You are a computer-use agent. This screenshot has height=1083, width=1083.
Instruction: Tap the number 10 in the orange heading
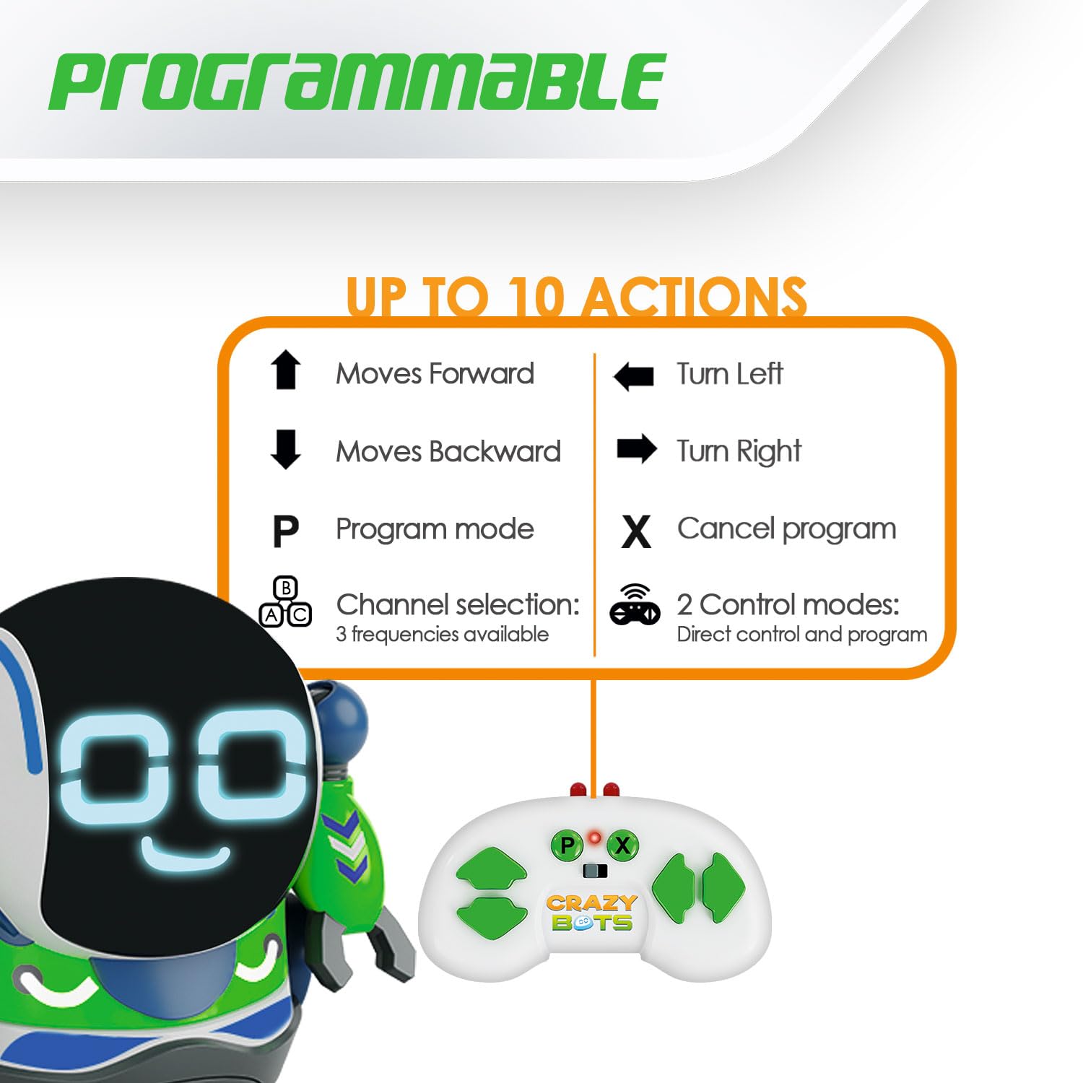535,297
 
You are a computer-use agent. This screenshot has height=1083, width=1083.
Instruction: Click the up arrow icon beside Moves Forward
285,370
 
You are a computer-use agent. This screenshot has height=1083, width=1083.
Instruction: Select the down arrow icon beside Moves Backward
285,449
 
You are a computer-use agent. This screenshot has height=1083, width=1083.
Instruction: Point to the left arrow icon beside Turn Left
633,376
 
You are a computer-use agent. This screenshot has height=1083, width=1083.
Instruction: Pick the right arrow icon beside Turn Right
637,449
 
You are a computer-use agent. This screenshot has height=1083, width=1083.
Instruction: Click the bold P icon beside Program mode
285,531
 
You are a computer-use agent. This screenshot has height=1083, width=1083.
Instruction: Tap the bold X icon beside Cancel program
635,531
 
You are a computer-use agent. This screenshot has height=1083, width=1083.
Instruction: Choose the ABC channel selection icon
285,601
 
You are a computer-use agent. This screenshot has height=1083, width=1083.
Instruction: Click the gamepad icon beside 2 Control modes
635,604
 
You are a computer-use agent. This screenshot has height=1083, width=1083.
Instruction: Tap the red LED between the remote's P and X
594,838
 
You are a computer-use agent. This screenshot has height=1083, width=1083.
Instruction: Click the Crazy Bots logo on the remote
591,913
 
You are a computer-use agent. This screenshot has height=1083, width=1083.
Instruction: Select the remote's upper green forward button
492,869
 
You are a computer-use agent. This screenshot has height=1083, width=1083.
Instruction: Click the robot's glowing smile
186,854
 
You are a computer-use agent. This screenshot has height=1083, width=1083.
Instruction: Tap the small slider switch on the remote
595,871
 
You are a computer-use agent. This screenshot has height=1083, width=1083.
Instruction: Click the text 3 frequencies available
442,635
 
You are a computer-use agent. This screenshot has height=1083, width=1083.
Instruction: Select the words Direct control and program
802,635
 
